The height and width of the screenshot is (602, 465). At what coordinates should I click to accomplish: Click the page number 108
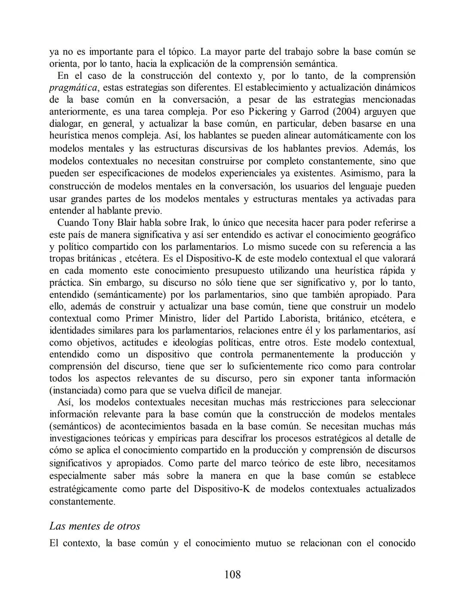pos(232,574)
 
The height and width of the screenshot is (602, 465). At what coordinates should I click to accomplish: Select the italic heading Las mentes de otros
pos(95,526)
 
